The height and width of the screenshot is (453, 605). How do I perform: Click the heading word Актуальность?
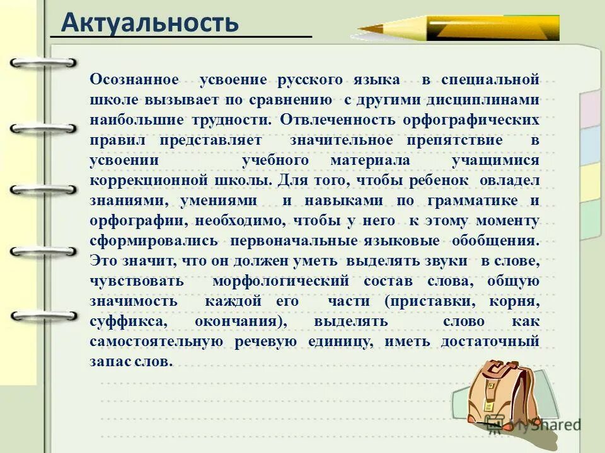pyautogui.click(x=150, y=24)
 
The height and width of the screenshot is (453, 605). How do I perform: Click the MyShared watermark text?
pyautogui.click(x=544, y=425)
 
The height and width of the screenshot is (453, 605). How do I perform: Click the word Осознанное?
pyautogui.click(x=134, y=80)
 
